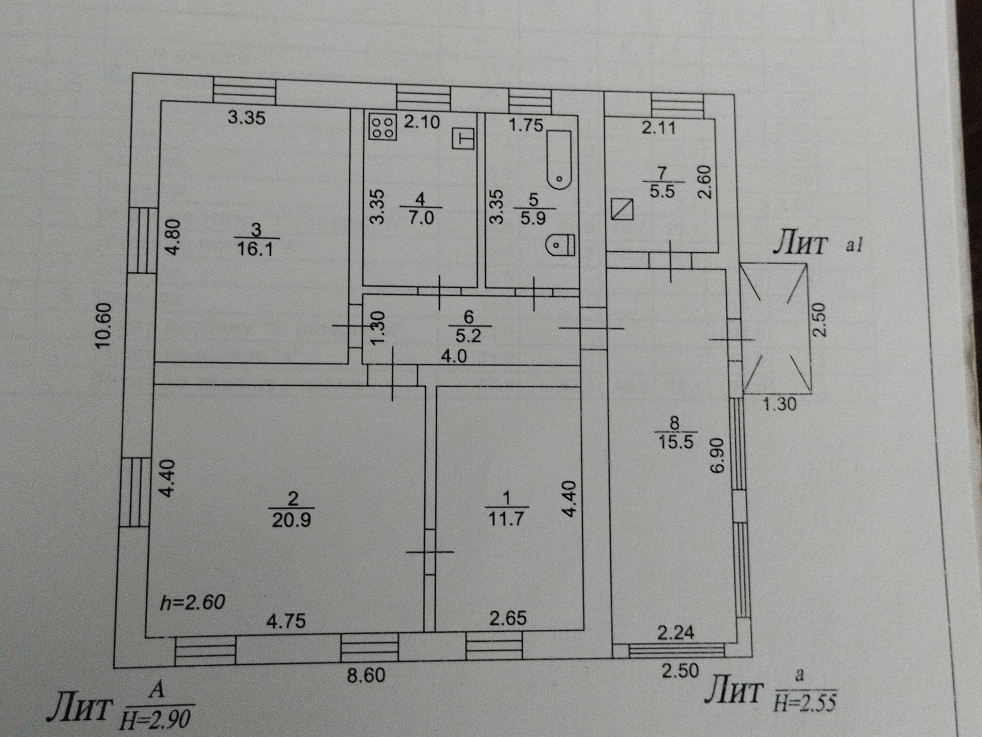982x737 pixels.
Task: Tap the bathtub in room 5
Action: pos(559,160)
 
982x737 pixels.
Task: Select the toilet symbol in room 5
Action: pos(561,245)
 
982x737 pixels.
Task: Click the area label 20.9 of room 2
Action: pos(292,520)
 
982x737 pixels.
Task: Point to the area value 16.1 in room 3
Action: pos(256,249)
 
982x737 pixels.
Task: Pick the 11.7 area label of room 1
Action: pos(506,519)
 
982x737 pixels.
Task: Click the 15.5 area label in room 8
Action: pos(676,442)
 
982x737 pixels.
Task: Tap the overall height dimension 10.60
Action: pos(104,326)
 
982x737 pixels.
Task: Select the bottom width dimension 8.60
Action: pos(366,676)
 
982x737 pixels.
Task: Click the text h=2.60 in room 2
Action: pos(192,602)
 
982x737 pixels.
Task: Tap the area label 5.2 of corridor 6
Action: pos(468,336)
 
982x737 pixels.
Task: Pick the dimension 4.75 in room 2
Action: pos(286,621)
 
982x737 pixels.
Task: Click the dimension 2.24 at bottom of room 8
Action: pos(676,633)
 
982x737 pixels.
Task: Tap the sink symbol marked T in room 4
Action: pos(463,139)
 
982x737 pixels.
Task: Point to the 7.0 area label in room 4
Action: pos(421,218)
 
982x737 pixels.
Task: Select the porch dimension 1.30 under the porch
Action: pos(779,404)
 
